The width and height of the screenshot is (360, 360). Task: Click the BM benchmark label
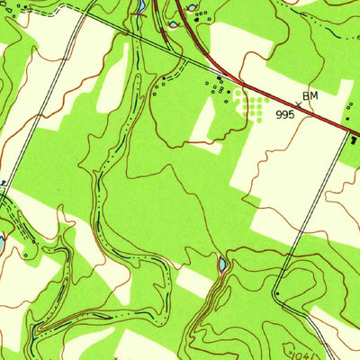coord(310,94)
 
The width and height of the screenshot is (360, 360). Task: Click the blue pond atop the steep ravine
coord(221,265)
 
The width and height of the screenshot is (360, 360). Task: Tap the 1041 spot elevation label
coord(298,346)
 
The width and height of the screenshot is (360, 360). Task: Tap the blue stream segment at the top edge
coord(140,7)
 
